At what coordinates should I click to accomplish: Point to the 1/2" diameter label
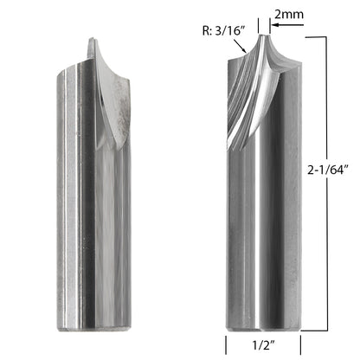(260, 344)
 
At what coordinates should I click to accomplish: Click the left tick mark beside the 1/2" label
(227, 344)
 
